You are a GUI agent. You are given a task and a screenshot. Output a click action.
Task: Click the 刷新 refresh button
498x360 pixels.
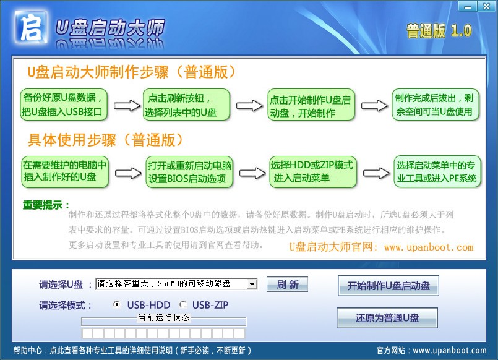(x=287, y=285)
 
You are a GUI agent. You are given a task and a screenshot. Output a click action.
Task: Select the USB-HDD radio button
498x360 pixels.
(x=116, y=304)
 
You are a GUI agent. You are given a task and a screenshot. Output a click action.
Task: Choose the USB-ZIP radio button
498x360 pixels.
(x=182, y=304)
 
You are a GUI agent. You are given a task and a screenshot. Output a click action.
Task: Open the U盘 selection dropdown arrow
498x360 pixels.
(x=251, y=284)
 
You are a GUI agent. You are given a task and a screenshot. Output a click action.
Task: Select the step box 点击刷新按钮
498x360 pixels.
(x=187, y=105)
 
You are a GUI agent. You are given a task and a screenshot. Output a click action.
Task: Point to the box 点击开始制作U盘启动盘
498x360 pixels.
(x=311, y=106)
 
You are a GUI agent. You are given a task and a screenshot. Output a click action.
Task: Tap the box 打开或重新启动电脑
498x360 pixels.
(x=190, y=173)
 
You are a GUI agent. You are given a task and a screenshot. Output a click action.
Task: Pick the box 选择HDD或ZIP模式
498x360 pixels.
(x=312, y=171)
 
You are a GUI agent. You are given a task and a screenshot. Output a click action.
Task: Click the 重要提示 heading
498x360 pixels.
(x=46, y=205)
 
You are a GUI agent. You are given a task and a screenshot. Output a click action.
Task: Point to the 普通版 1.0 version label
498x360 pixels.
(x=439, y=30)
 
